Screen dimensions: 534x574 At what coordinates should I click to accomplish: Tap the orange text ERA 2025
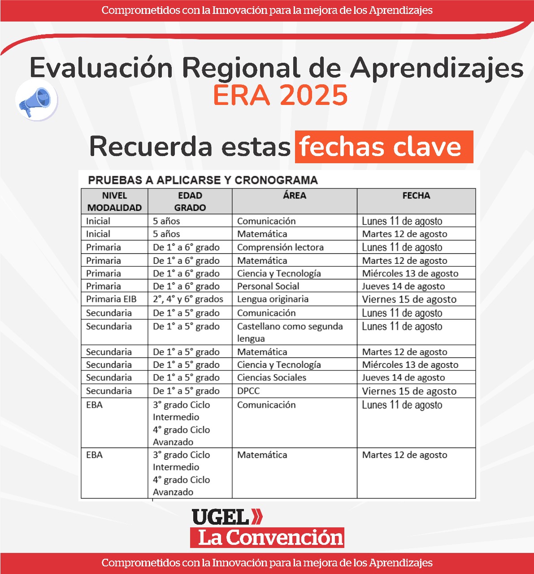tap(280, 95)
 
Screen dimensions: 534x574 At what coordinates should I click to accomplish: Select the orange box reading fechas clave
tap(384, 147)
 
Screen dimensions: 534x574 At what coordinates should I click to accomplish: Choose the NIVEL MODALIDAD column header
tap(114, 201)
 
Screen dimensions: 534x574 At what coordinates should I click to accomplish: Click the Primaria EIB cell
tap(111, 299)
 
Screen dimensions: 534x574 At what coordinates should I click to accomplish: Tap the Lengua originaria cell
tap(273, 299)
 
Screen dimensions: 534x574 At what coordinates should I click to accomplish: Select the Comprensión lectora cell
tap(280, 248)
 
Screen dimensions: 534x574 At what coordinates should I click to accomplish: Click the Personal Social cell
tap(268, 286)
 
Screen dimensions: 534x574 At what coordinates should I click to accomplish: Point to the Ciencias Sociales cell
tap(271, 378)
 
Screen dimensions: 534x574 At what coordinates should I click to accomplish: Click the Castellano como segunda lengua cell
tap(290, 332)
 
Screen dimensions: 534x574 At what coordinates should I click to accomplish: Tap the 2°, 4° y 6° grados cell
tap(188, 299)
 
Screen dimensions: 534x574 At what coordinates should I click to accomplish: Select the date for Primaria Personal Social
tap(404, 286)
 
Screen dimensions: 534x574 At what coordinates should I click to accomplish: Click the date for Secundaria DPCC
tap(409, 391)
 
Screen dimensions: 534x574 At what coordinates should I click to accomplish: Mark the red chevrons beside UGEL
tap(257, 517)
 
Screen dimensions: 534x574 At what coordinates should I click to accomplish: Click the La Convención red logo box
tap(267, 538)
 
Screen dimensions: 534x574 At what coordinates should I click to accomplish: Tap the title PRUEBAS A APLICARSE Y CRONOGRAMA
tap(203, 180)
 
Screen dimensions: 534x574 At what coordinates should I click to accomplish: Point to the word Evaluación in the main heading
tap(101, 68)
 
